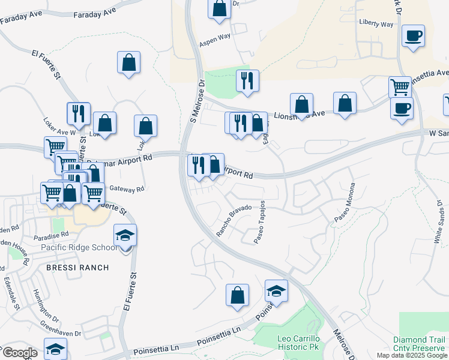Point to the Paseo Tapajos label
tap(260, 223)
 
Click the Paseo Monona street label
tap(344, 203)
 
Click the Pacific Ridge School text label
tap(79, 247)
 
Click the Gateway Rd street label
tap(131, 188)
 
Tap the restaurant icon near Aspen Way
tap(247, 80)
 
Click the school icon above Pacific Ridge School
tap(125, 235)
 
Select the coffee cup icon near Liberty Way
tap(413, 35)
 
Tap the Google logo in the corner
tap(19, 353)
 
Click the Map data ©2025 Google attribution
tap(412, 355)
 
